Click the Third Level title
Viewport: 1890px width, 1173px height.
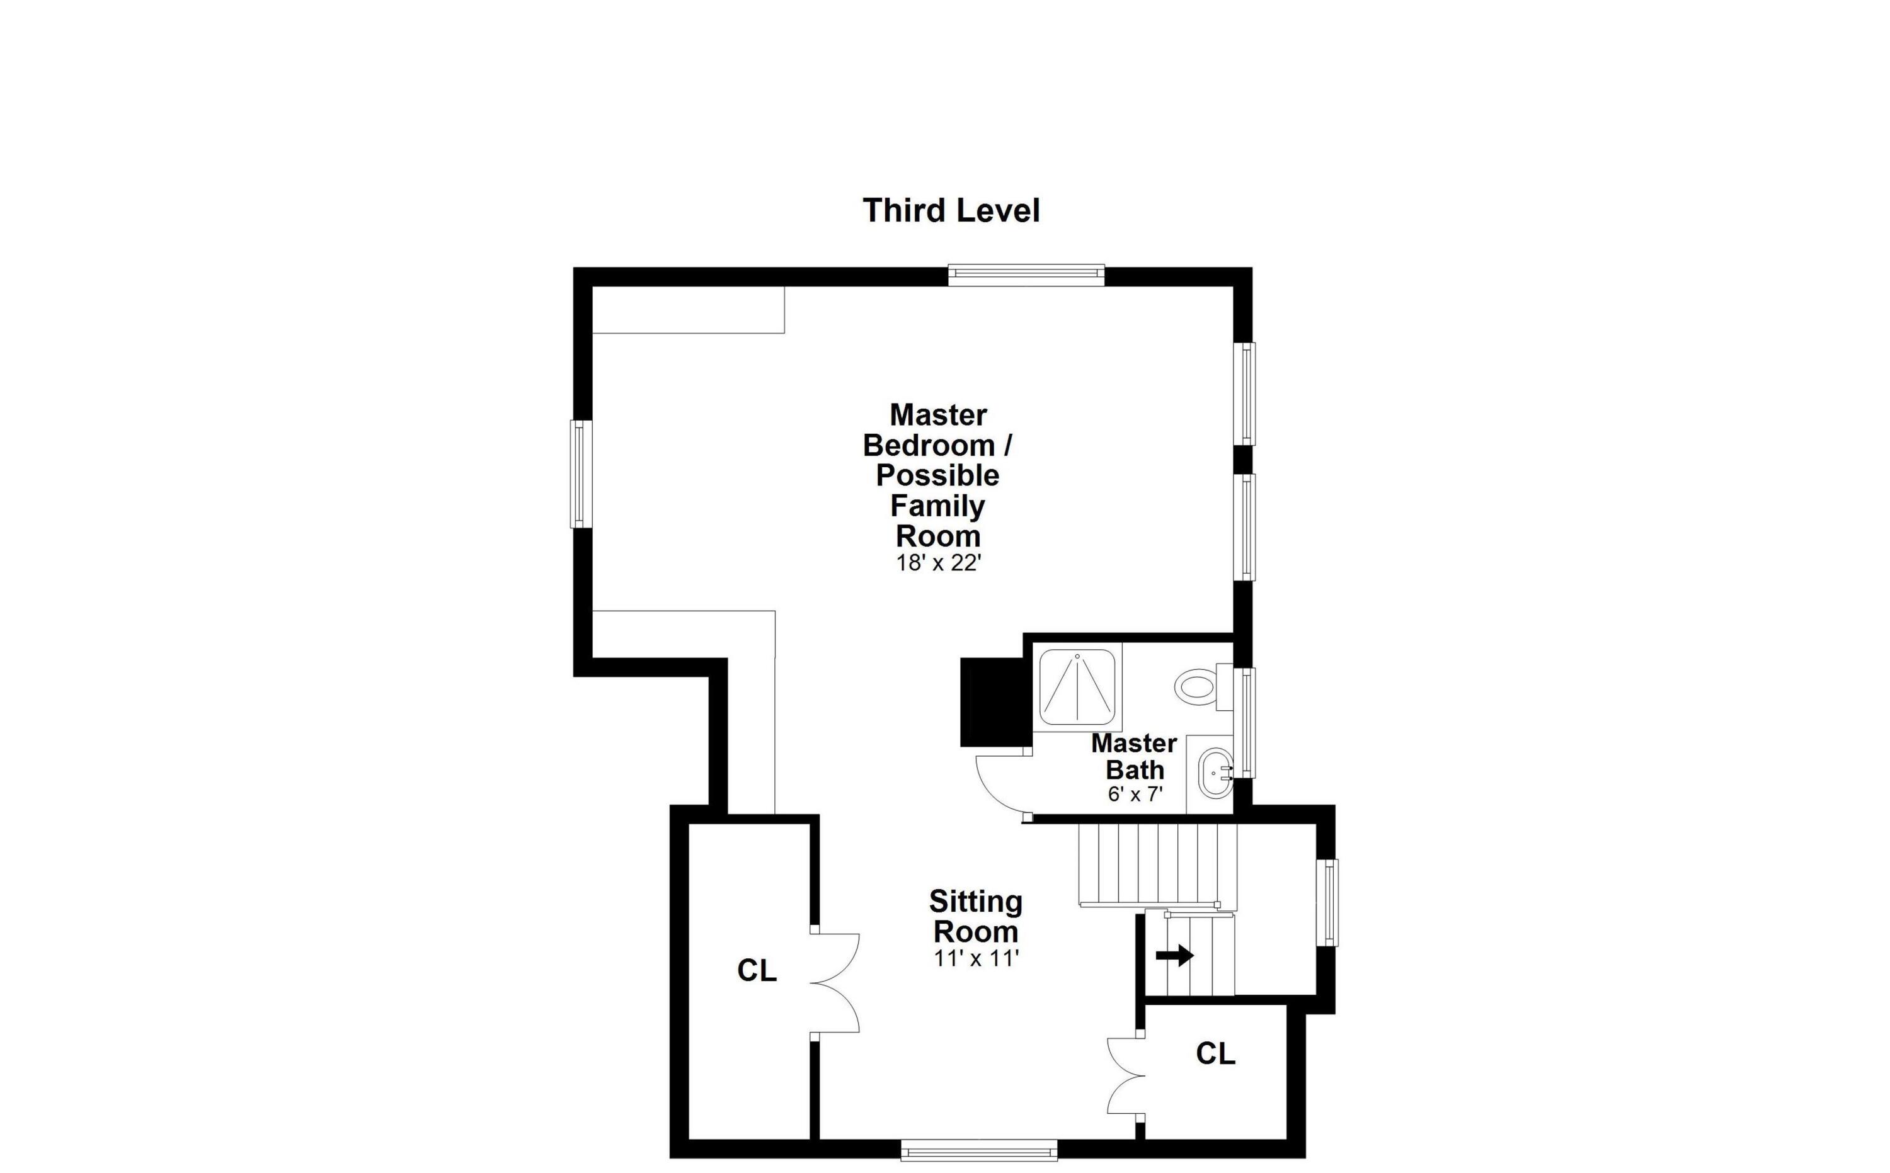[x=951, y=210]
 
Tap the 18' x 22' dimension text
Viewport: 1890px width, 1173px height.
[x=939, y=564]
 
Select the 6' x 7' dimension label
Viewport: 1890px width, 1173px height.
[x=1135, y=795]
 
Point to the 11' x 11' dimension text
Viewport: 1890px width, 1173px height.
[x=976, y=959]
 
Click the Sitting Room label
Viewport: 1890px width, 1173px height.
[x=976, y=916]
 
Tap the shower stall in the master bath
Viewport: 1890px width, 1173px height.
[x=1077, y=688]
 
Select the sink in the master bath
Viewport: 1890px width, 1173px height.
[x=1214, y=773]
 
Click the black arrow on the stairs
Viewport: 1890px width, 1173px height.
[x=1174, y=956]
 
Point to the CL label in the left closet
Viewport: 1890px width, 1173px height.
[x=757, y=970]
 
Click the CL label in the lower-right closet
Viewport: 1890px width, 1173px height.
[x=1215, y=1053]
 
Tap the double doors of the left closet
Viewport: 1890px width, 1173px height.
[x=835, y=983]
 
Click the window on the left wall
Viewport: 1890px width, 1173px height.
[x=581, y=474]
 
